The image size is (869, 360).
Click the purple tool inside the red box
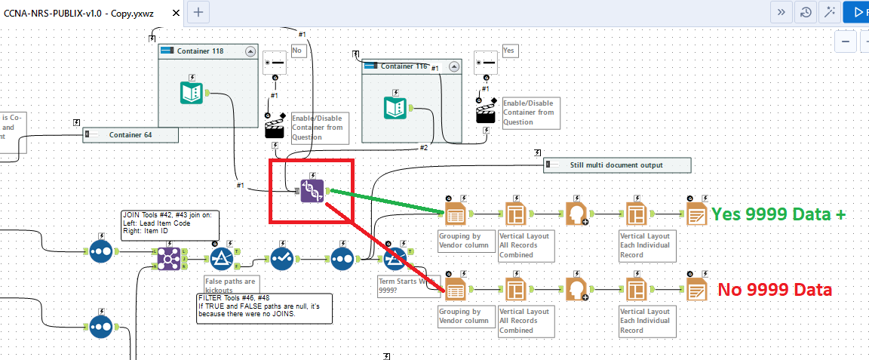click(x=312, y=191)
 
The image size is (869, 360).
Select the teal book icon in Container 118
click(x=192, y=93)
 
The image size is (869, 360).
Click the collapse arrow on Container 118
click(x=250, y=51)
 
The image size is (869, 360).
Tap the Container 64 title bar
click(x=131, y=135)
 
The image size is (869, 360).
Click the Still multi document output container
click(x=616, y=165)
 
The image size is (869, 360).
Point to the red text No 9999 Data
click(x=774, y=289)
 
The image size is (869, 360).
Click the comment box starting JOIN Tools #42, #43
click(x=169, y=225)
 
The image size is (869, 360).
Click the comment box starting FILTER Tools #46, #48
click(x=263, y=308)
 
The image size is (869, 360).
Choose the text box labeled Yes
click(x=509, y=51)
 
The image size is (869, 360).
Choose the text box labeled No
click(x=298, y=51)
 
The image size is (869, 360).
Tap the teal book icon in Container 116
click(x=395, y=106)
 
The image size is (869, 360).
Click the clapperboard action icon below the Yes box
click(x=486, y=112)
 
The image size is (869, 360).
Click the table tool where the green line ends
click(x=455, y=214)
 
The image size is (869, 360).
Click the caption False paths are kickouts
click(x=231, y=285)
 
